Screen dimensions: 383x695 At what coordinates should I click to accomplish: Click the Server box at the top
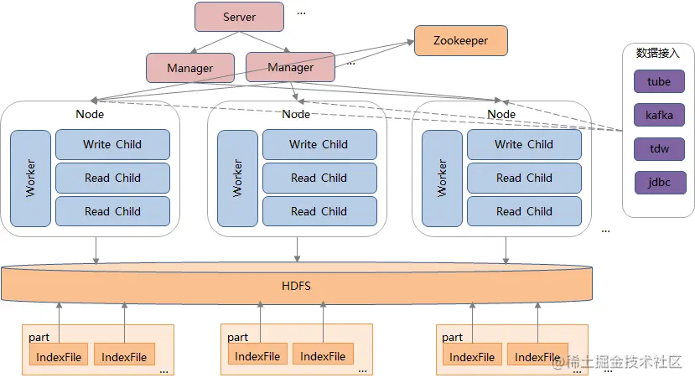240,17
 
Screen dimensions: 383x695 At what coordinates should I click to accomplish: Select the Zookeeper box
460,39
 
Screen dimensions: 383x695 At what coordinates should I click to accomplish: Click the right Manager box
290,67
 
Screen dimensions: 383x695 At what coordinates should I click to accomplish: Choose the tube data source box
659,81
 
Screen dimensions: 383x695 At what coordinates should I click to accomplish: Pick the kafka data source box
659,115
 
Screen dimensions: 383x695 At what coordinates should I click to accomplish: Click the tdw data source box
659,148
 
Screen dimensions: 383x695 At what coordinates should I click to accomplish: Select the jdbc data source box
659,182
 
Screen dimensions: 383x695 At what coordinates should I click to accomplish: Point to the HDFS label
296,286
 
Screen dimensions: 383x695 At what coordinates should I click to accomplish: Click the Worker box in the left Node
30,178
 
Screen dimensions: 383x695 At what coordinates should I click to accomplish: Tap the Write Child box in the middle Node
319,144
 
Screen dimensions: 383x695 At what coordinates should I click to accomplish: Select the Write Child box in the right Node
524,144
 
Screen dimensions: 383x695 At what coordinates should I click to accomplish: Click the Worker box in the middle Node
237,178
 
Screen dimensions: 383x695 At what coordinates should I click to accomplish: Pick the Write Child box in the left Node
112,144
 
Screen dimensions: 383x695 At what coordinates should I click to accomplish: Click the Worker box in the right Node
442,178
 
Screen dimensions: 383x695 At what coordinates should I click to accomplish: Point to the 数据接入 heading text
658,53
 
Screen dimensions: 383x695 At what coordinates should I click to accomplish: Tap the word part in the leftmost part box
39,337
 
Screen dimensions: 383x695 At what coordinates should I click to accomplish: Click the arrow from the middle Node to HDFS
296,250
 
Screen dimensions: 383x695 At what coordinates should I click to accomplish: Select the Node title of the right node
501,114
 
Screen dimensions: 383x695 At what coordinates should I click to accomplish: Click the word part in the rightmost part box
452,337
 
